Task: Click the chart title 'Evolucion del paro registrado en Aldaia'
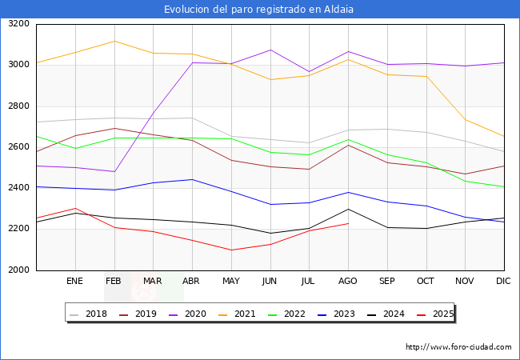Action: pos(259,10)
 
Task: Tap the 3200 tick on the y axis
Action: pos(18,24)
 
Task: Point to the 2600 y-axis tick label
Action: pos(18,147)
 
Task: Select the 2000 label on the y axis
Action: pos(18,270)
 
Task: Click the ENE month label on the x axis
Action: pos(74,282)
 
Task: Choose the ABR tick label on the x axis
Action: pos(191,282)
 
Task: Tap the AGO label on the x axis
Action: pos(347,282)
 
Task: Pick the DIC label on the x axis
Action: pos(503,282)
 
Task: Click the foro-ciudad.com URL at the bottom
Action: pos(458,347)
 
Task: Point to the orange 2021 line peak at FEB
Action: pos(114,41)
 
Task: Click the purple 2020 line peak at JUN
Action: pos(270,50)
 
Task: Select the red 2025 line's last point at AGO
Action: pos(347,223)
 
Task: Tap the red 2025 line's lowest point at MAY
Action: pos(230,250)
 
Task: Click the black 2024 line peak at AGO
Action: pos(347,209)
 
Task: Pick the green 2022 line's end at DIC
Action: pos(503,187)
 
